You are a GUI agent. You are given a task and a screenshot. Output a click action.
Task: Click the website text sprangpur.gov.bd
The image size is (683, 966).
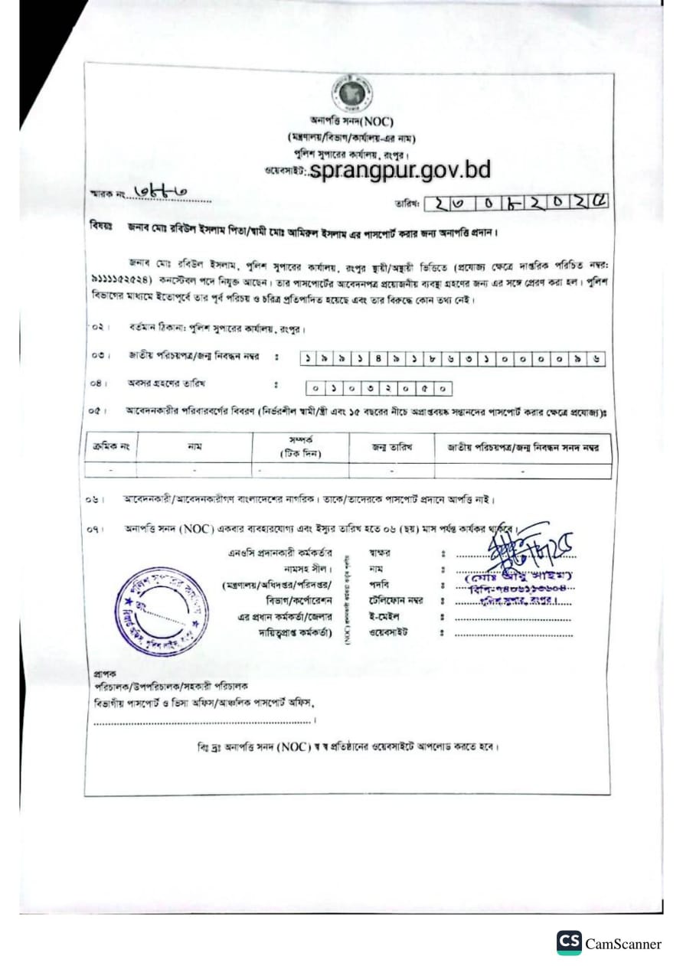click(400, 169)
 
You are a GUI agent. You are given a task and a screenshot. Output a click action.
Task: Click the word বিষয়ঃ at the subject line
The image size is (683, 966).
click(101, 229)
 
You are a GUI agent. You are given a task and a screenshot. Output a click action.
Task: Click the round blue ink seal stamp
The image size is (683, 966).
click(163, 611)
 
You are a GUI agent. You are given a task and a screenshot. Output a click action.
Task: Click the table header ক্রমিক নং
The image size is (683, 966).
click(110, 447)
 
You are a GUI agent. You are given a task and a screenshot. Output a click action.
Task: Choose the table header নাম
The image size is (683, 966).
click(194, 447)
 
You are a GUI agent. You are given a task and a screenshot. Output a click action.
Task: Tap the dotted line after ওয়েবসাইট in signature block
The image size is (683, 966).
click(513, 634)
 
